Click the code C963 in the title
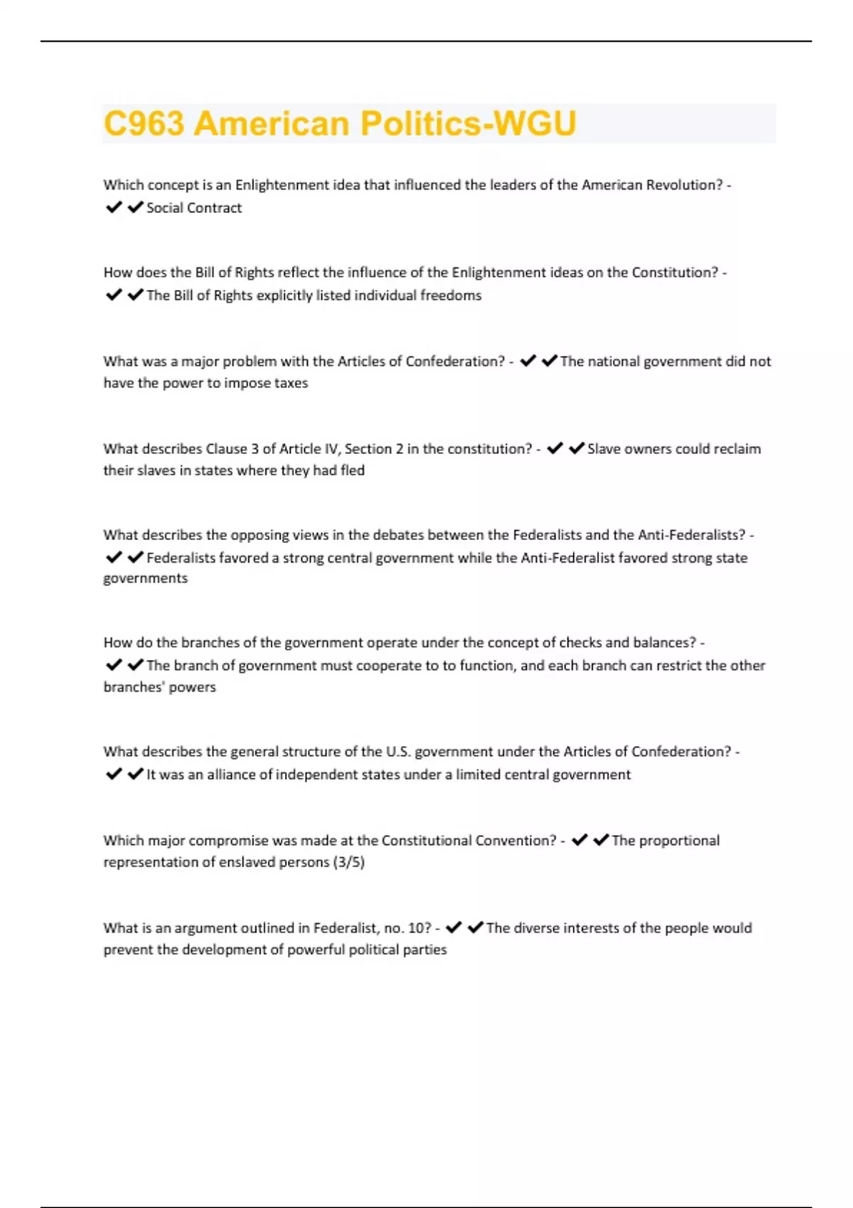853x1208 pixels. [x=144, y=124]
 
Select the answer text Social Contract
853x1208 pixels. [x=194, y=208]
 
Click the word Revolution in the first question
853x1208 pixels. [x=684, y=185]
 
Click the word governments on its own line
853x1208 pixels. [x=146, y=578]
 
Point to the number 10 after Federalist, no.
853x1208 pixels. [x=419, y=928]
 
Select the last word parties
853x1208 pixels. [x=424, y=950]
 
